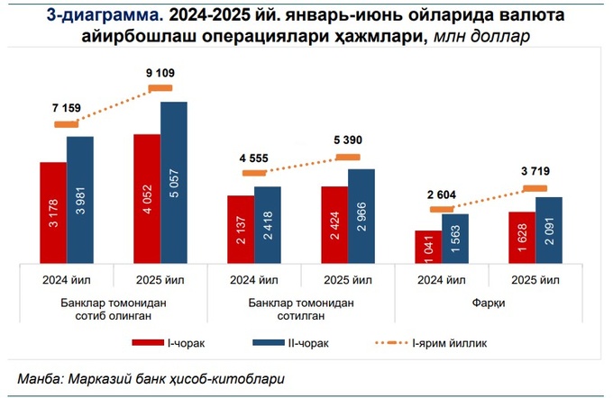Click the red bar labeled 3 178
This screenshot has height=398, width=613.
tap(53, 213)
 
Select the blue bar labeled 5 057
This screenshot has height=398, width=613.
tap(174, 182)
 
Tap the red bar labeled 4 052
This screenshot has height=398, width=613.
tap(146, 198)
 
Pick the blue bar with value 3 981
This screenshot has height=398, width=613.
tap(80, 199)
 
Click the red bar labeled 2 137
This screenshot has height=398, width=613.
tap(241, 229)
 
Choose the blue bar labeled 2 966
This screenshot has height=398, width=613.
tap(361, 215)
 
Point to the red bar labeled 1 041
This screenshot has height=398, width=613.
tap(428, 246)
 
